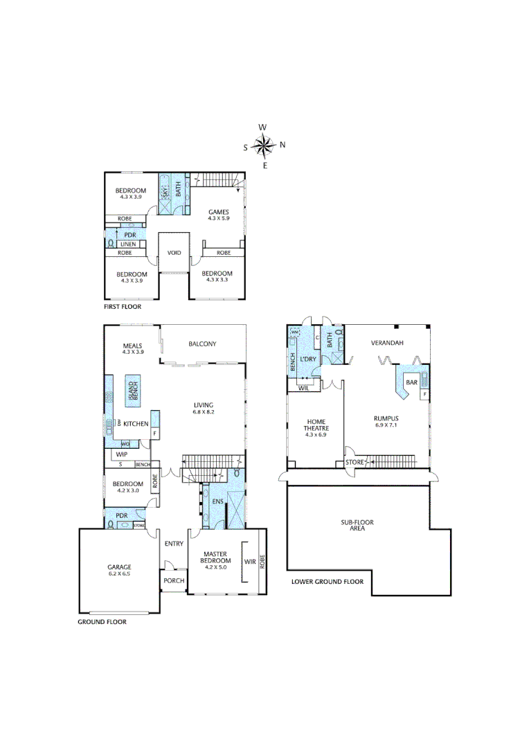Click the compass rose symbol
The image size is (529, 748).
(x=264, y=146)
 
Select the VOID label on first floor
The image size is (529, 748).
(x=174, y=253)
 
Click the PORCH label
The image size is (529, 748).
(x=174, y=580)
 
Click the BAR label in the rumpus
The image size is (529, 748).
(x=411, y=382)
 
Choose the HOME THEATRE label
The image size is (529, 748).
(x=316, y=425)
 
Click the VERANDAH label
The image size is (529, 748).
(x=387, y=343)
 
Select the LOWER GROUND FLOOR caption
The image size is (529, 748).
(x=327, y=582)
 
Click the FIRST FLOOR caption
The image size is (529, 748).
(x=123, y=305)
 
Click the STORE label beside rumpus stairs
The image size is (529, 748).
(x=353, y=463)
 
